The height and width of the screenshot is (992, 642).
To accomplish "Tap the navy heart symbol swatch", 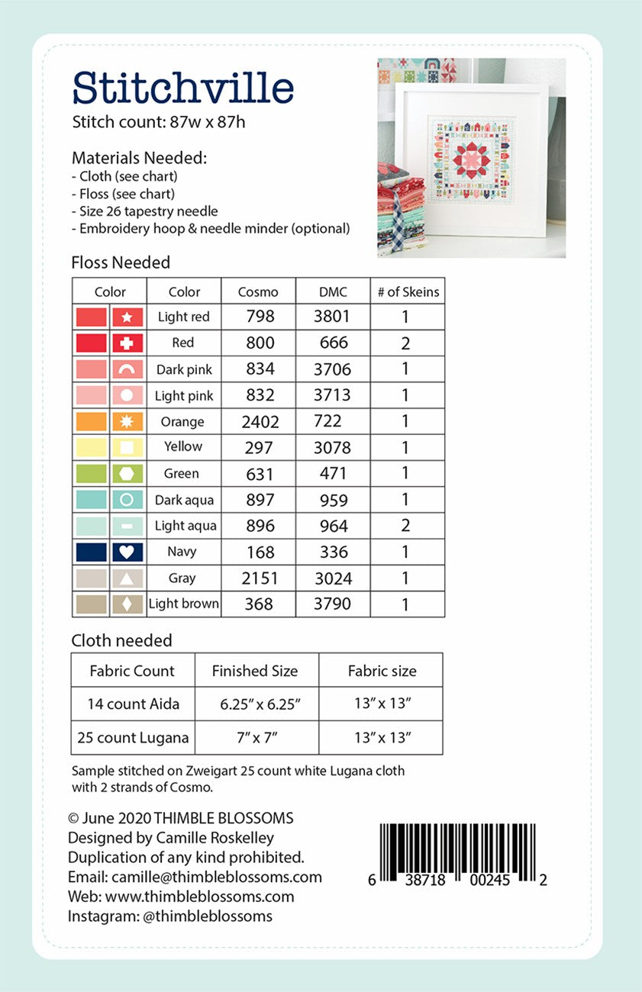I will tap(127, 552).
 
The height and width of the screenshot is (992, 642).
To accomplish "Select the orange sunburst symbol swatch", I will tap(127, 421).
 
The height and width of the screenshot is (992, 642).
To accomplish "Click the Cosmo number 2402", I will tap(260, 421).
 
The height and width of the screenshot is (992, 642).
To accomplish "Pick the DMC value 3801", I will tap(333, 316).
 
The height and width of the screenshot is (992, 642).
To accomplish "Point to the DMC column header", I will tap(333, 291).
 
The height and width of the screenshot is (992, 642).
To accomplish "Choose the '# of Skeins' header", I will tap(408, 291).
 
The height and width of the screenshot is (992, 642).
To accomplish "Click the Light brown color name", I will tap(184, 604).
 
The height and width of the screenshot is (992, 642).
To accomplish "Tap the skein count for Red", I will tap(406, 343).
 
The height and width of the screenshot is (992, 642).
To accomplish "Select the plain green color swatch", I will tap(92, 474).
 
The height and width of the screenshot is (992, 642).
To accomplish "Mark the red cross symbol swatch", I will tap(127, 343).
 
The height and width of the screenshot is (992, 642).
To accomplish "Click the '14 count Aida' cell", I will tap(133, 704).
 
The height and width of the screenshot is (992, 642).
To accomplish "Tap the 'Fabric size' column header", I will tap(382, 672).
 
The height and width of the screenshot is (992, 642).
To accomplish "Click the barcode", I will tap(457, 852).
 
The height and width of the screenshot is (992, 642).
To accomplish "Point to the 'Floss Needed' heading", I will tap(121, 262).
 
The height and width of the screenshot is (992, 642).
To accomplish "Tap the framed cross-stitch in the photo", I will tap(471, 159).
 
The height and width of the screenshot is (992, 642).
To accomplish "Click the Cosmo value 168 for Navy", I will tap(260, 552).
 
